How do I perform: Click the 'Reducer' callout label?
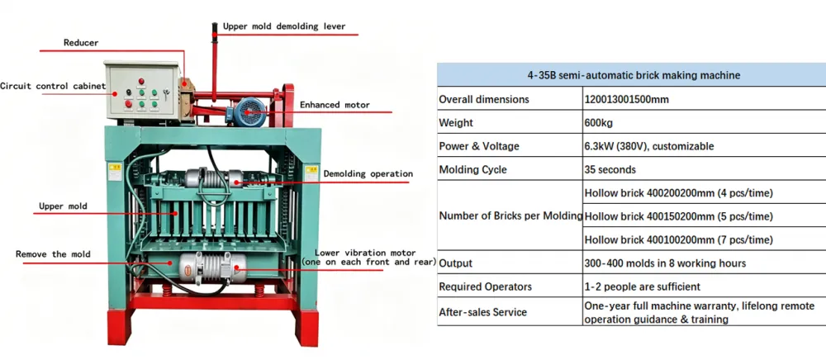[x=81, y=43]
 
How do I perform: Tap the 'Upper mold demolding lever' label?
[x=284, y=26]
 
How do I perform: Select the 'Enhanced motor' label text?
[x=335, y=105]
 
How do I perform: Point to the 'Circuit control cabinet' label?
[x=53, y=86]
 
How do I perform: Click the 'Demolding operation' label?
[x=368, y=173]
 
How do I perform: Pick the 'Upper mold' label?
[x=63, y=206]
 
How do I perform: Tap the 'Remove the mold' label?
[x=53, y=254]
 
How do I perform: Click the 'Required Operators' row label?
[x=485, y=287]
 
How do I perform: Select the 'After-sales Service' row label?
[x=482, y=312]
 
